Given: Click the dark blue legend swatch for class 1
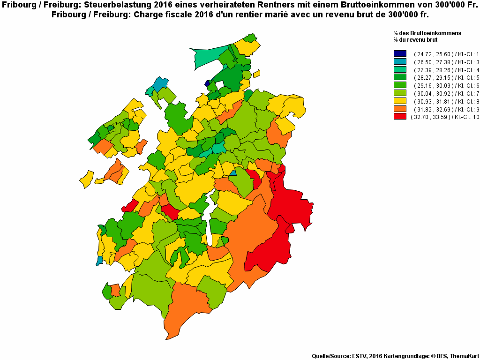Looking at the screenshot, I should [400, 54].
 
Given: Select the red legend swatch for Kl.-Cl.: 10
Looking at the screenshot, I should [400, 116].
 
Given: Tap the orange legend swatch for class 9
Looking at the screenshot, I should [400, 109].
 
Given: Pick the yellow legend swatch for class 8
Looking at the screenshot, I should [400, 101].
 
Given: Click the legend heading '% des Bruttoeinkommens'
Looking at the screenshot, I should [427, 33].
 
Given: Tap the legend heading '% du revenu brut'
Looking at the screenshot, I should [416, 40].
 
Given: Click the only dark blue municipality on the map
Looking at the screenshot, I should [207, 83].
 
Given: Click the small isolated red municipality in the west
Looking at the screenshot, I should [130, 205].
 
